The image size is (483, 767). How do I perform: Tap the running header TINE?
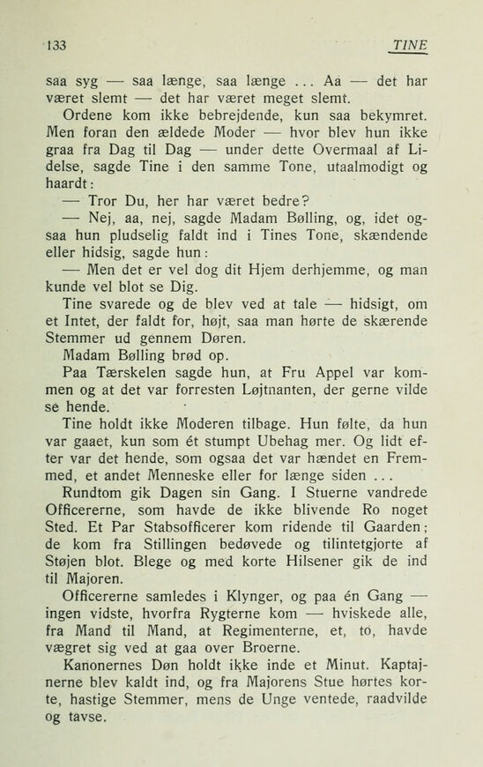tap(411, 43)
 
